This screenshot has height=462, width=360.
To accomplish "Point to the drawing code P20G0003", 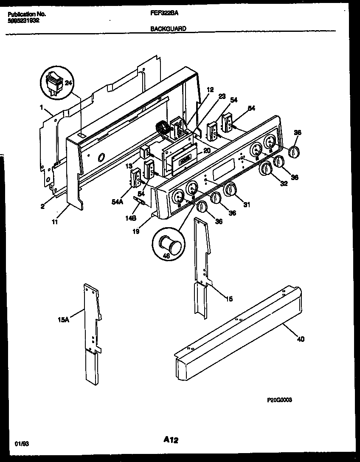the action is click(x=279, y=400).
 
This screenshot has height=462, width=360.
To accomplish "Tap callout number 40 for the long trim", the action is click(x=301, y=339).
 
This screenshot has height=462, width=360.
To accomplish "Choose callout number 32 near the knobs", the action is click(x=284, y=183).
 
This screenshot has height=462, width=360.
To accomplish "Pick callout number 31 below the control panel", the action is click(x=247, y=205).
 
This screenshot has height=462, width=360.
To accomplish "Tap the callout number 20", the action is click(x=206, y=150).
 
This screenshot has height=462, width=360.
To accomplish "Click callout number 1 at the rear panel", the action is click(x=42, y=108).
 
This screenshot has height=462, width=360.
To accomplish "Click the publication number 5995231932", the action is click(x=24, y=20).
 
